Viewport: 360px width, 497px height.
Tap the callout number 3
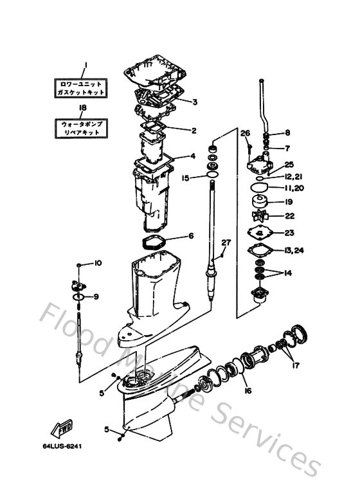click(194, 102)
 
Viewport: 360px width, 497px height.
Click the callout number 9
click(96, 296)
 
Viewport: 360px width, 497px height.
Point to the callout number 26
click(244, 133)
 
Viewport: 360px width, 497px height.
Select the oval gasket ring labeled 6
click(154, 243)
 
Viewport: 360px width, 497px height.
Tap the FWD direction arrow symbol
click(62, 429)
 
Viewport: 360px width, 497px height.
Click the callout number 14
click(287, 273)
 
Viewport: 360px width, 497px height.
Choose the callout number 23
click(289, 233)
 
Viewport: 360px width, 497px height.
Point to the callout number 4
click(192, 156)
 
